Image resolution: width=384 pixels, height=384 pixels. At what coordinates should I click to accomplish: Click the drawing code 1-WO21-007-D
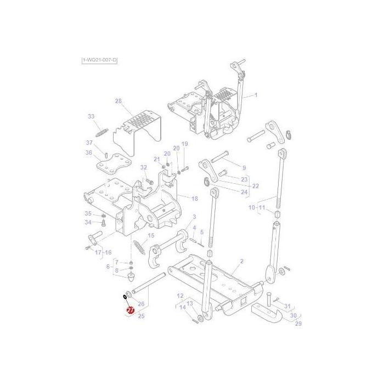click(99, 59)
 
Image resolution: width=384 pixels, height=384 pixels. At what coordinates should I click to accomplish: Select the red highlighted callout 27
click(130, 311)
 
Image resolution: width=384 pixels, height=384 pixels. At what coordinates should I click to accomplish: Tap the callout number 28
click(118, 101)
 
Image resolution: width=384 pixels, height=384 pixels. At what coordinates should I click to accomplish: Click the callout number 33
click(91, 116)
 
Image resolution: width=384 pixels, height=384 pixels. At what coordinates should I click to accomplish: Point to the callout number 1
click(256, 95)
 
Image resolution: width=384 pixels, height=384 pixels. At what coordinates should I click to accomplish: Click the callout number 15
click(151, 235)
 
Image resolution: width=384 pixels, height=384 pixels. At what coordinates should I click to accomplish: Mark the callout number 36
click(88, 153)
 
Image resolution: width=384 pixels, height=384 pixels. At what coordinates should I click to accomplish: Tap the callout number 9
click(244, 167)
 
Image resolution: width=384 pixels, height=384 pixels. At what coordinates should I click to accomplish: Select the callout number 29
click(299, 324)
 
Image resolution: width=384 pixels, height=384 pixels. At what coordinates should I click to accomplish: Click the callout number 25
click(142, 316)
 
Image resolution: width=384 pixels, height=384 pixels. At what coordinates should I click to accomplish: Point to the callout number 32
click(144, 167)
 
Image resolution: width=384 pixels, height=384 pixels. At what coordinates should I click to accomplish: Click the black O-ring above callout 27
click(125, 297)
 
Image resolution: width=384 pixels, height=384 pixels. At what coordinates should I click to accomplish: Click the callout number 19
click(185, 144)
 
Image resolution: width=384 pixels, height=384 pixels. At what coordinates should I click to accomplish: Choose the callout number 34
click(88, 222)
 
